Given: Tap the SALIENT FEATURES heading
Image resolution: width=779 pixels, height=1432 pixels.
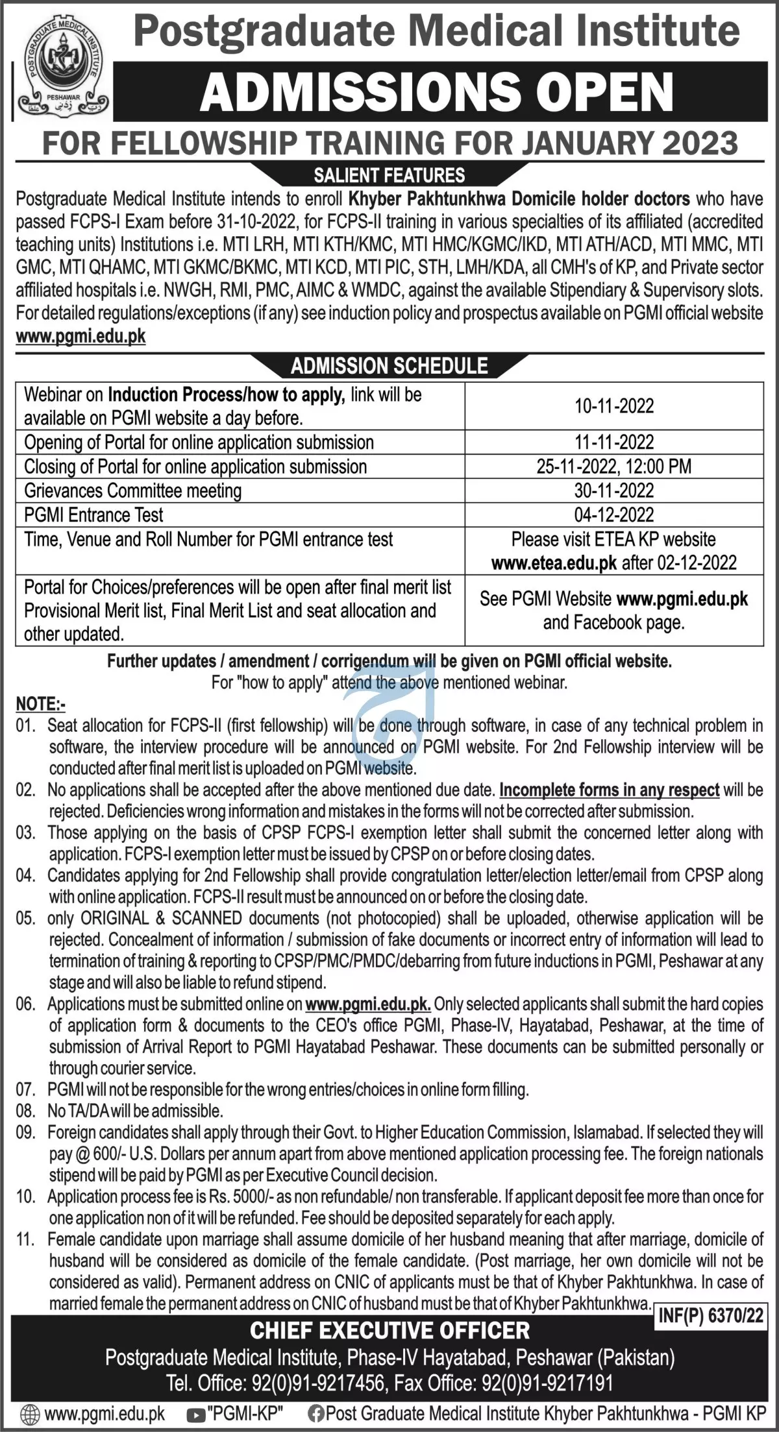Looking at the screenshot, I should coord(389,175).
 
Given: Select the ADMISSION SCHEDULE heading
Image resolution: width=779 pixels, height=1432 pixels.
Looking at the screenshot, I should coord(389,366).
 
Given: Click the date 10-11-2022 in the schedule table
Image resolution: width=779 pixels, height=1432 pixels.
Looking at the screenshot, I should coord(613,406).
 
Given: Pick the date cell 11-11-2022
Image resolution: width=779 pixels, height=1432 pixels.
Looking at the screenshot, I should coord(613,443).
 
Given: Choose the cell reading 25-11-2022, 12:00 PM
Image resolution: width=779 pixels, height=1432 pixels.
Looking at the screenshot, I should coord(613,467).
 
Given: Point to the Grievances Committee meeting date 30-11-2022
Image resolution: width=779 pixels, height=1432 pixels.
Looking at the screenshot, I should coord(613,491).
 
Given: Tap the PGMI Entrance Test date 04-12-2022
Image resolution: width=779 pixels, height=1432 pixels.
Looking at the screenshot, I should coord(613,515).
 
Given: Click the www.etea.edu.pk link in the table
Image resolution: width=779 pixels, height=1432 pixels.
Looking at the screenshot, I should coord(554,563).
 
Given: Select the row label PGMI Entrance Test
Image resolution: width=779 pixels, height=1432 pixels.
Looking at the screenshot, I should coord(93,515).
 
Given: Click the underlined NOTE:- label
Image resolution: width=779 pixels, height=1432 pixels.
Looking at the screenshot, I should coord(40,704).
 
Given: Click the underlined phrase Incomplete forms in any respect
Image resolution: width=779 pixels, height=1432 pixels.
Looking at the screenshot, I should coord(609,790).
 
